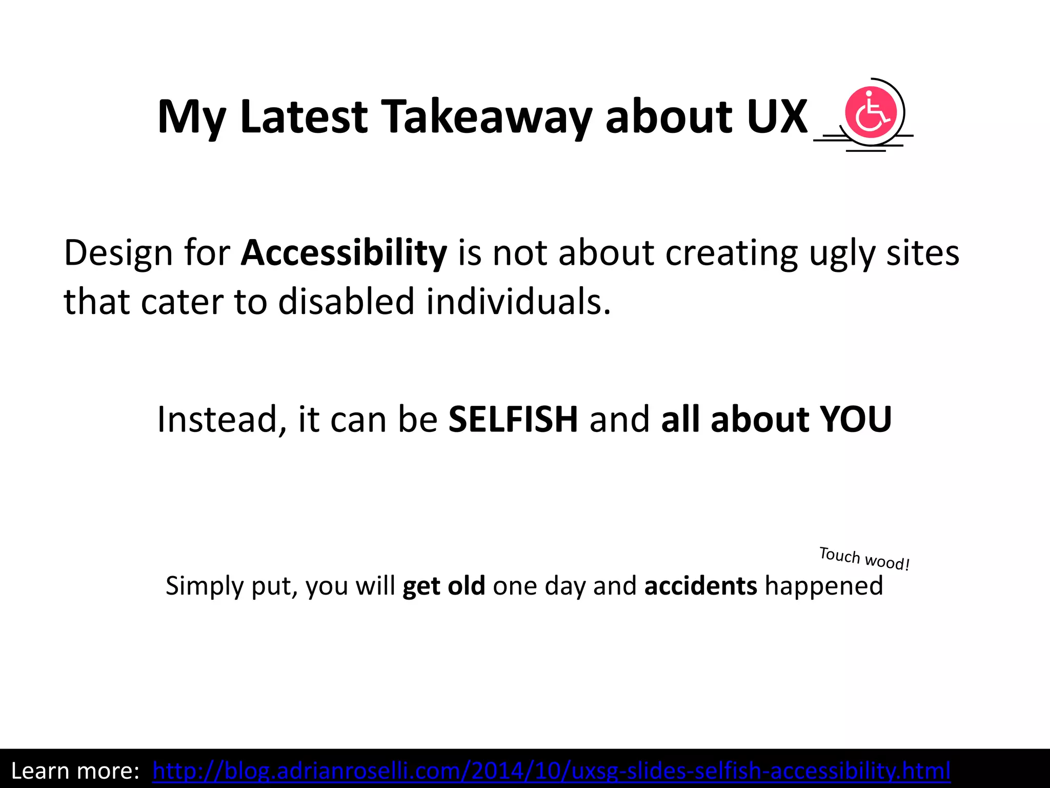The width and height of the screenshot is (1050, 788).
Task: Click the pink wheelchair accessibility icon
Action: coord(871,112)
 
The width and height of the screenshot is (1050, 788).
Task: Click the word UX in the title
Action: coord(777,117)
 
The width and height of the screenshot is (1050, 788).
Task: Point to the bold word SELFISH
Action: coord(513,419)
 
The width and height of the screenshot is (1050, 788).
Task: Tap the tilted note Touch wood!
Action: coord(864,559)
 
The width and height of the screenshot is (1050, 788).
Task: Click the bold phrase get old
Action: coord(443,585)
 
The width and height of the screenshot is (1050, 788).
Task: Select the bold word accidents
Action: coord(700,585)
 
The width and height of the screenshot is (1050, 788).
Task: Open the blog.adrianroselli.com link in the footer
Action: coord(552,771)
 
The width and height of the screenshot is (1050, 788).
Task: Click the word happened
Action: coord(824,585)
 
